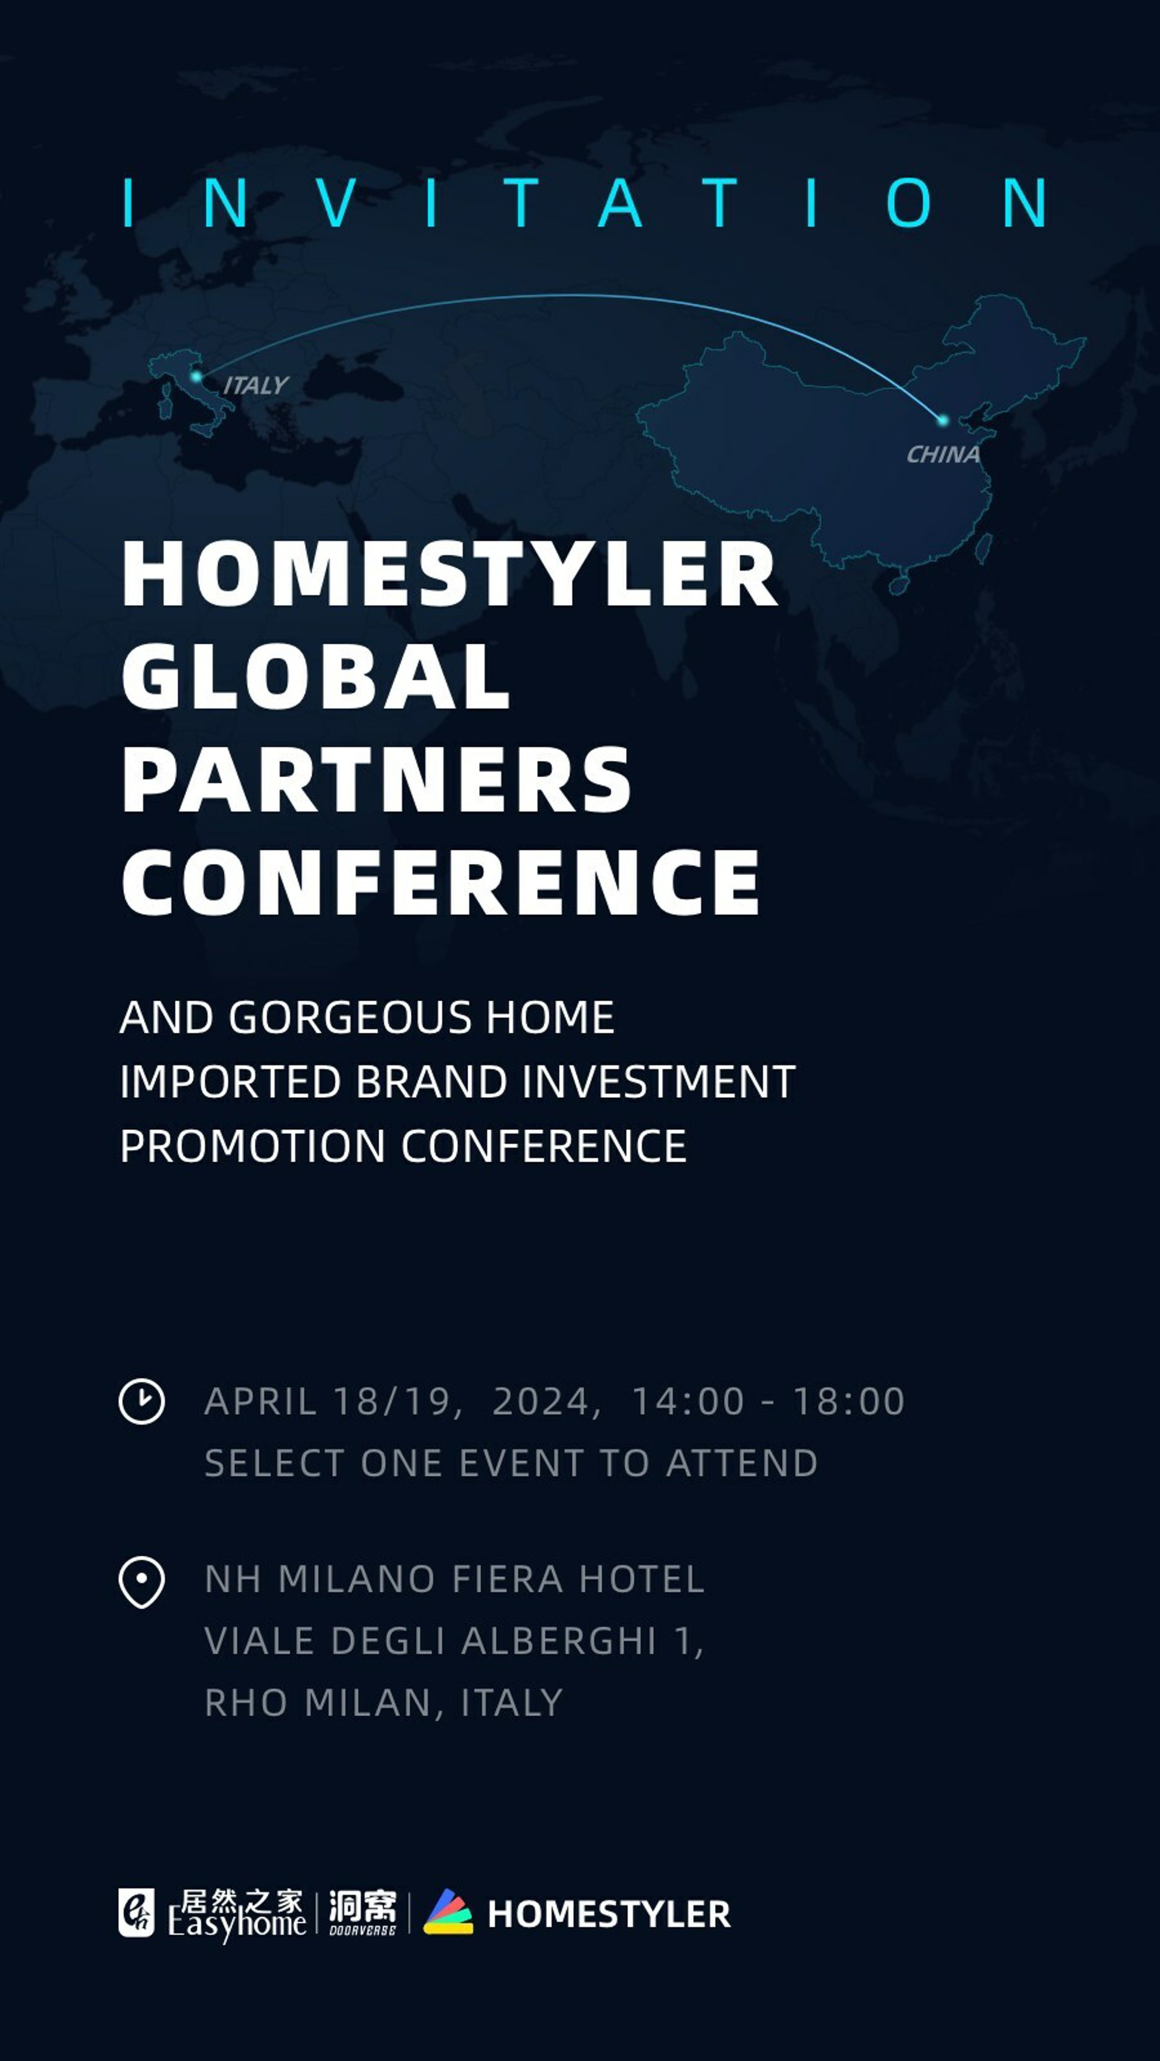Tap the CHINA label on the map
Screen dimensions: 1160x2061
pos(943,455)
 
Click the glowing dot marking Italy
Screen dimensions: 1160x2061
pos(196,376)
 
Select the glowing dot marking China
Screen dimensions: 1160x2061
pos(943,419)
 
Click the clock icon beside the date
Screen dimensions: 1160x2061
pos(142,1401)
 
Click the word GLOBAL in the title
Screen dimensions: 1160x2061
pos(315,676)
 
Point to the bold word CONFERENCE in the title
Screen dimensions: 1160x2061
pos(440,882)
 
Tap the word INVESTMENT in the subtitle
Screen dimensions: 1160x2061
pos(659,1082)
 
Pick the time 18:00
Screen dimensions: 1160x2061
pos(849,1402)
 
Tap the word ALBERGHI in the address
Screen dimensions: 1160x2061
pos(559,1641)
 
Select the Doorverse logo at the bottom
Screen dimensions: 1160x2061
pos(362,1912)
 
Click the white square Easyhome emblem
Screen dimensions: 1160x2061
pos(136,1913)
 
